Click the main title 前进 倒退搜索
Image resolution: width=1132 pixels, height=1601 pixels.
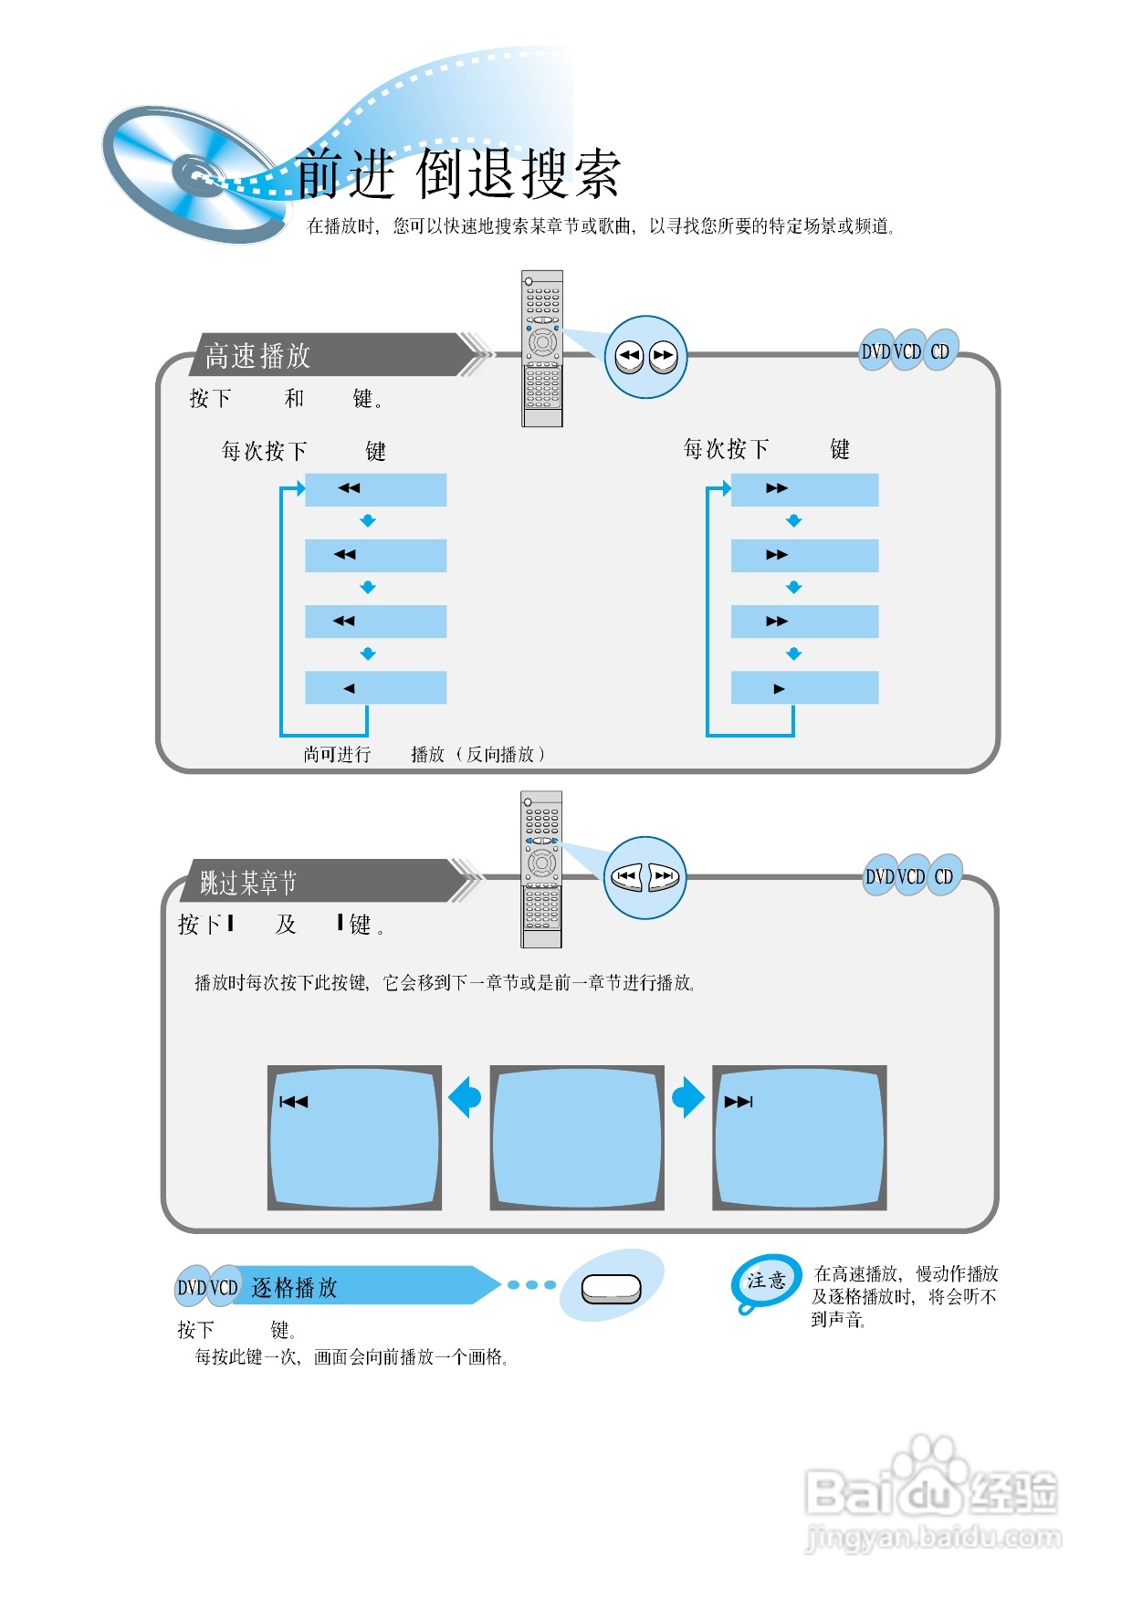coord(458,173)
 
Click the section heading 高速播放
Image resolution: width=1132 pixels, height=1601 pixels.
coord(258,355)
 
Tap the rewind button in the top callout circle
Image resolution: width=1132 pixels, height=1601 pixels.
coord(629,357)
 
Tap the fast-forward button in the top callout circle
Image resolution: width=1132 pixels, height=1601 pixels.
coord(664,357)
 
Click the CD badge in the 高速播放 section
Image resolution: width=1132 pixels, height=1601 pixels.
coord(940,351)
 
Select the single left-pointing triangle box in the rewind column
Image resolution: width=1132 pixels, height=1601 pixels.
coord(375,688)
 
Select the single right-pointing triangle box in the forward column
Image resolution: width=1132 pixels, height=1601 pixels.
coord(804,688)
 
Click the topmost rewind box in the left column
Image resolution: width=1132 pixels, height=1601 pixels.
coord(375,489)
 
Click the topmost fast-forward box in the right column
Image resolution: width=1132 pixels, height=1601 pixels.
coord(804,489)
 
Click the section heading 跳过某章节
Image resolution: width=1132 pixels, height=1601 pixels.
coord(249,883)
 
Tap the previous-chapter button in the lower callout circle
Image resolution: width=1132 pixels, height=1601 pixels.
coord(626,877)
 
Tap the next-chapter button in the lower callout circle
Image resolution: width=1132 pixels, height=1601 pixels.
coord(665,877)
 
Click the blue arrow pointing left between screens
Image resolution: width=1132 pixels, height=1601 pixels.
coord(466,1097)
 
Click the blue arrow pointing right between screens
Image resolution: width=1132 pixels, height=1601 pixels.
coord(688,1097)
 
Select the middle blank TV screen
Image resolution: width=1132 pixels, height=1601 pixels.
coord(577,1137)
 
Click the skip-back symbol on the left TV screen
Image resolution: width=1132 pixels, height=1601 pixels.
coord(293,1103)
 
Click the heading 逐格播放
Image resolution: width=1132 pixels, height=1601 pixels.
coord(294,1287)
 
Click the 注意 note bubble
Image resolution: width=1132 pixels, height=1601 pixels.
coord(766,1281)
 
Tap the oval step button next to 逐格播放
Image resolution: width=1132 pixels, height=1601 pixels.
coord(611,1289)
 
